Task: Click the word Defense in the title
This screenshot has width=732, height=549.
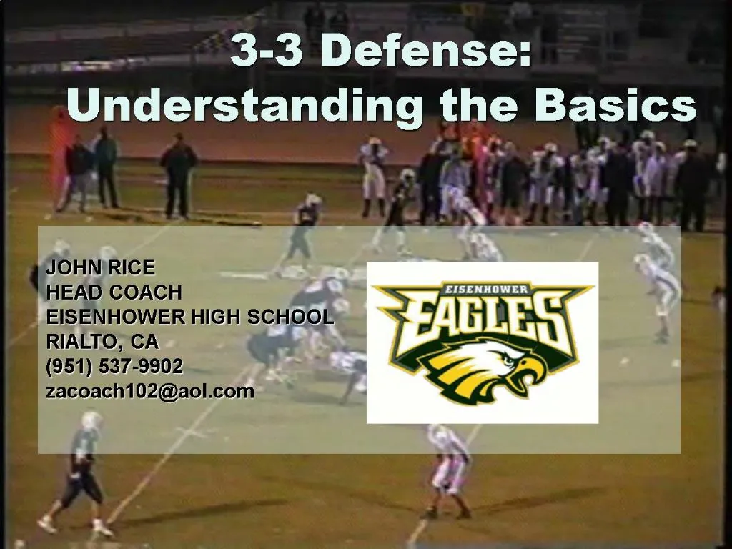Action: tap(425, 51)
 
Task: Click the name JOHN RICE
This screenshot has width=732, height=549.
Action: tap(100, 268)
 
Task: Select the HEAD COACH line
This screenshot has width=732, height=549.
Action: tap(114, 292)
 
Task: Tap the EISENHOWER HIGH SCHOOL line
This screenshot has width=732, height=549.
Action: tap(189, 317)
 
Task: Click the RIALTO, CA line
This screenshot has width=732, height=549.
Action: tap(102, 341)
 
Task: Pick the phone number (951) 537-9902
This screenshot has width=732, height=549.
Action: tap(114, 366)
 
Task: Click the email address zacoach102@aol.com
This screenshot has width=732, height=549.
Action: tap(150, 391)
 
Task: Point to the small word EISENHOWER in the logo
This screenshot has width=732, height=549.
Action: tap(486, 289)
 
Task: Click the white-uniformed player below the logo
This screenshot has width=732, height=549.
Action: tap(449, 468)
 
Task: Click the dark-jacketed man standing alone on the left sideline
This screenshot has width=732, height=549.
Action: tap(177, 175)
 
